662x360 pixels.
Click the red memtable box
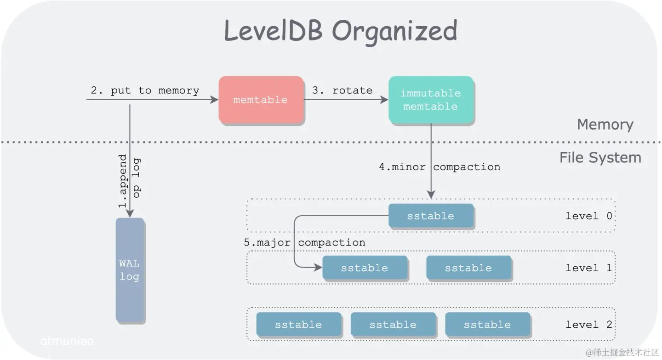(x=261, y=100)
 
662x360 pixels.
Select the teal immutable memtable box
(x=431, y=100)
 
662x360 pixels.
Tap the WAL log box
(x=130, y=270)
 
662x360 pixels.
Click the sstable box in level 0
(x=431, y=216)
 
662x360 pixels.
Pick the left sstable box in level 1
(x=365, y=268)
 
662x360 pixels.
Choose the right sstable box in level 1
(x=468, y=268)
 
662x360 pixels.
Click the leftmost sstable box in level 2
(x=298, y=325)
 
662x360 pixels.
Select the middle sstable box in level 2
(x=393, y=325)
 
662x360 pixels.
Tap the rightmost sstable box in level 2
(x=487, y=325)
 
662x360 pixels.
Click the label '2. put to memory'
(x=145, y=91)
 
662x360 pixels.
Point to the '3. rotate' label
(x=342, y=91)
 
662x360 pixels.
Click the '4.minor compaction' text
(x=439, y=167)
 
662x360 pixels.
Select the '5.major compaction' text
(x=304, y=242)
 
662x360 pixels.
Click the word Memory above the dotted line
(x=605, y=125)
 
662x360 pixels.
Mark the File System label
(x=600, y=158)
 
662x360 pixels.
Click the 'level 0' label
(x=589, y=216)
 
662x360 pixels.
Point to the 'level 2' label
(x=589, y=325)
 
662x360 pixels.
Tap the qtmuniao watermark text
(x=67, y=341)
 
